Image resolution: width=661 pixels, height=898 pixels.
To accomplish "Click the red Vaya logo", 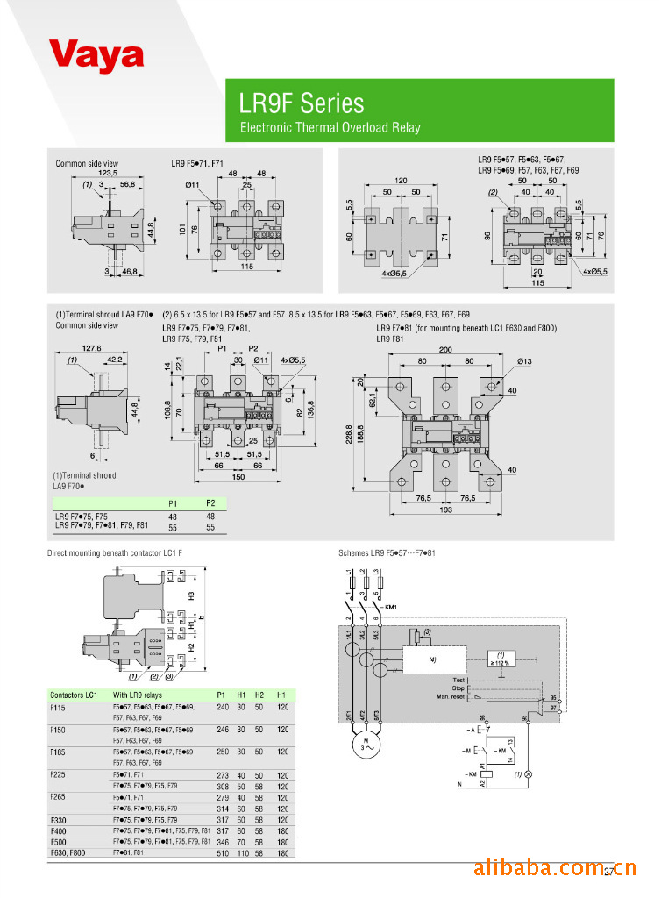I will point(96,54).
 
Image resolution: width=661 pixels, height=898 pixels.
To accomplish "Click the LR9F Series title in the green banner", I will point(301,103).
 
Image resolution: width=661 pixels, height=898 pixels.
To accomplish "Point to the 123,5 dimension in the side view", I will point(108,174).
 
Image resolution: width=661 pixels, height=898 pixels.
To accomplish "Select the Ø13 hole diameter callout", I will point(525,361).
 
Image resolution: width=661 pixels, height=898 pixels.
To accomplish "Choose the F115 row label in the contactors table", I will point(58,706).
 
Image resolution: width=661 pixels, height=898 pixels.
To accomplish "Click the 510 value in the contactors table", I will point(222,852).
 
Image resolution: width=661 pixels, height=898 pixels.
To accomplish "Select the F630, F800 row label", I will point(68,852).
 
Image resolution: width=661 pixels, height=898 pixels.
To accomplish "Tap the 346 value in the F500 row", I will point(222,840).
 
